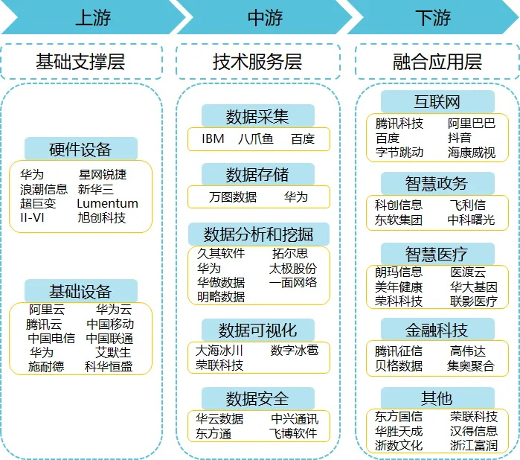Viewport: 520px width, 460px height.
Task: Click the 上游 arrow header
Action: coord(93,17)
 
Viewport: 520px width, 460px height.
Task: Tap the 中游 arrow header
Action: coord(265,17)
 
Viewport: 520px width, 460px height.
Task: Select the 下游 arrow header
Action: coord(433,17)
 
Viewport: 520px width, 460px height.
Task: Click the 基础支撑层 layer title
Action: coord(80,61)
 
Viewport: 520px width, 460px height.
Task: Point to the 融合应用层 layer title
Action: coord(437,62)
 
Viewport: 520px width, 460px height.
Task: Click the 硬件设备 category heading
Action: coord(80,149)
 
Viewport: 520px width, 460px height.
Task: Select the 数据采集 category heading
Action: coord(257,117)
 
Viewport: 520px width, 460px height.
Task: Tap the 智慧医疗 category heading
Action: coord(437,255)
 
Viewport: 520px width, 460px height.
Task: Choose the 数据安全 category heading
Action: coord(257,399)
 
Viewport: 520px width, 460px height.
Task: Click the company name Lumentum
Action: coord(107,203)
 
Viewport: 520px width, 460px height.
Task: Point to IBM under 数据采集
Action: coord(213,138)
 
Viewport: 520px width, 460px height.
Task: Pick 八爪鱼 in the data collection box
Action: coord(255,138)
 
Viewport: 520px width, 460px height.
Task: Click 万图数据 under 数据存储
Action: coord(233,197)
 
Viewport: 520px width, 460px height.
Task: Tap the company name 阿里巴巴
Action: coord(472,124)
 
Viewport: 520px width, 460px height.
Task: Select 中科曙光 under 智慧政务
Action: coord(471,220)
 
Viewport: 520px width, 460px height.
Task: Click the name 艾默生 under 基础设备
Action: coord(113,353)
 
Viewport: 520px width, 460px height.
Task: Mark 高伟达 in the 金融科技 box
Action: coord(468,351)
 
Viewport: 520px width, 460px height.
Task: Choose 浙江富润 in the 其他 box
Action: coord(474,445)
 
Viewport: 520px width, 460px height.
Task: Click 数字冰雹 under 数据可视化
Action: coord(295,350)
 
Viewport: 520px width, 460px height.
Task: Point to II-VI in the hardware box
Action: coord(32,218)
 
